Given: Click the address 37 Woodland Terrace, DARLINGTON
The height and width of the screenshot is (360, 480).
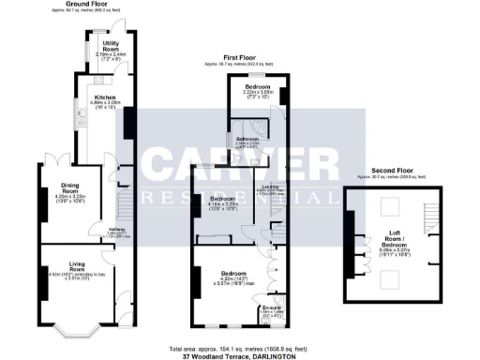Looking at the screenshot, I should point(240,354).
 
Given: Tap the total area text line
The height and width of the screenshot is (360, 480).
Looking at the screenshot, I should point(240,346).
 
